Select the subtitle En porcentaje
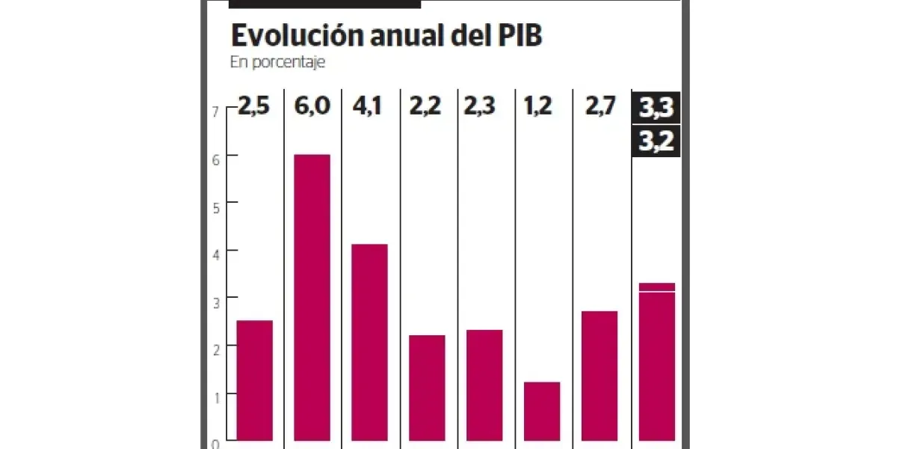277,63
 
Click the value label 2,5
253,106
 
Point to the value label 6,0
312,106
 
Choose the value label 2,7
599,106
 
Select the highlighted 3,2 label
656,141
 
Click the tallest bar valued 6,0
312,299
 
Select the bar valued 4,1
369,344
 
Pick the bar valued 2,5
254,382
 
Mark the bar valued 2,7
599,377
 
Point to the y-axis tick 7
215,111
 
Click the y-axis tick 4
215,253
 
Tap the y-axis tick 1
215,397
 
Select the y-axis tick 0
215,443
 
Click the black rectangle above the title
324,4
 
